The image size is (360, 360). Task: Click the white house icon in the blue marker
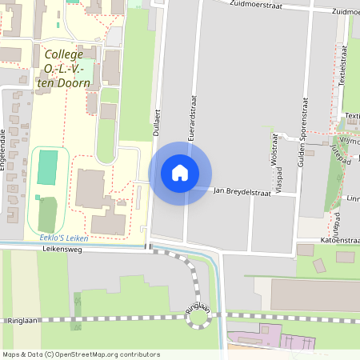tap(179, 173)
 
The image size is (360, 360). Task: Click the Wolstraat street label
tap(274, 150)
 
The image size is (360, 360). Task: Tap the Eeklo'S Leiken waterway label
tap(63, 238)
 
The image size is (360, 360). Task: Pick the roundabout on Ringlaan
tap(197, 318)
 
